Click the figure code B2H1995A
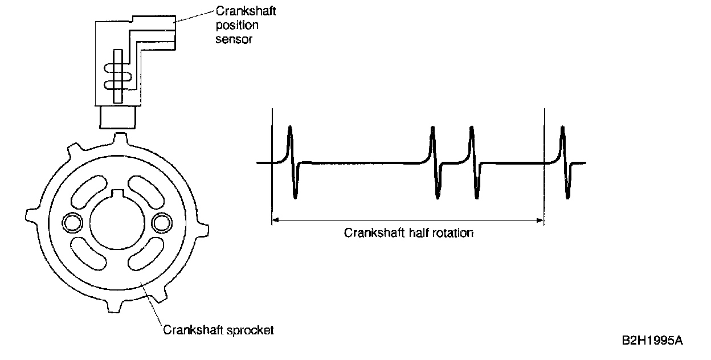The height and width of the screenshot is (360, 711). (x=652, y=341)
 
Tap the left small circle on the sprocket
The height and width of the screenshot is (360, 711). (x=72, y=222)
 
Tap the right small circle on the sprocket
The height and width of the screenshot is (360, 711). (x=161, y=222)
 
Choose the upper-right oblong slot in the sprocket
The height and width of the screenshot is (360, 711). (x=148, y=191)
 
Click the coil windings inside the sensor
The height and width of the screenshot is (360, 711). (x=117, y=76)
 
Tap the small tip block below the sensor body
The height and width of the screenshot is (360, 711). (x=118, y=117)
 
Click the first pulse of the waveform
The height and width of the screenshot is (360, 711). (x=292, y=162)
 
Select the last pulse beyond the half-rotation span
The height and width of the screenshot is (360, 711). (x=565, y=162)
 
